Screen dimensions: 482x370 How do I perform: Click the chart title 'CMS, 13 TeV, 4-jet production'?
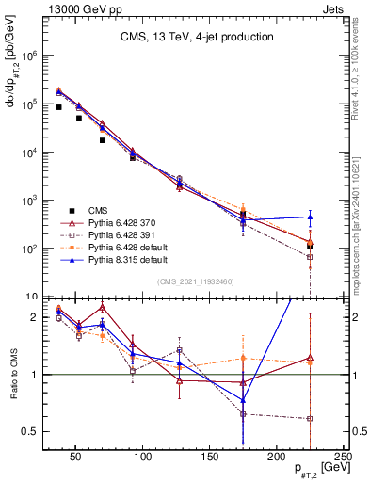[x=196, y=38]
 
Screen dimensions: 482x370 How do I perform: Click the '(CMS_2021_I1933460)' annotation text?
[x=196, y=280]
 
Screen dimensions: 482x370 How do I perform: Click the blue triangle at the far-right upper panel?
[x=310, y=217]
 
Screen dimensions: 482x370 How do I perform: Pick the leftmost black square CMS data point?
[x=59, y=107]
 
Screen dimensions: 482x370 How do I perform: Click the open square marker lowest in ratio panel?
[x=310, y=418]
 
